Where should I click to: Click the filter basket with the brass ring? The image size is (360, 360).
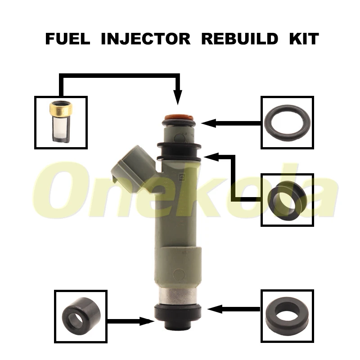click(60, 122)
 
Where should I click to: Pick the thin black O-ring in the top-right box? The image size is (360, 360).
click(287, 122)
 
